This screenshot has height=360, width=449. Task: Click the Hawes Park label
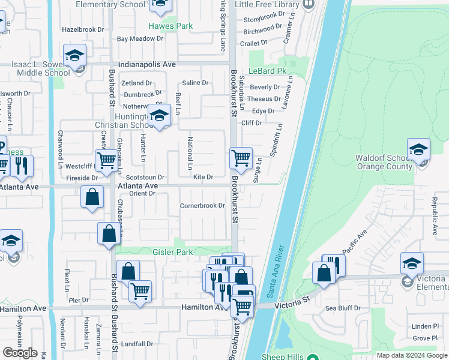coord(170,26)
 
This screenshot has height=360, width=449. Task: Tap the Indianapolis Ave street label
coord(147,64)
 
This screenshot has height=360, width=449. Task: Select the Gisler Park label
coord(173,253)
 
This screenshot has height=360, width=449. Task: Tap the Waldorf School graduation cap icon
coord(418,149)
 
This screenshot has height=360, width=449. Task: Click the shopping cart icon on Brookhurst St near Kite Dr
coord(241,158)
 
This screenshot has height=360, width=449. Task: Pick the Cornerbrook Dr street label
coord(202,206)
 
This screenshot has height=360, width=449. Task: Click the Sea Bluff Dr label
coord(343,308)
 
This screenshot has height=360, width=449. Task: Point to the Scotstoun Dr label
coord(145,178)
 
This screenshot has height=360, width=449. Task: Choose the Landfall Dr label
coord(137,344)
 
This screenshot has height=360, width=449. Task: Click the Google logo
coord(20,353)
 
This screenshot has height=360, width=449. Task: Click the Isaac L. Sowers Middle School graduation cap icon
coord(74,55)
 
